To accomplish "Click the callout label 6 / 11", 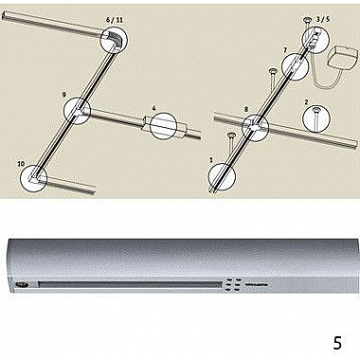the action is coord(115,20).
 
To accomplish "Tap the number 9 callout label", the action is coord(64,94).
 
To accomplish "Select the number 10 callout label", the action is coord(21,164).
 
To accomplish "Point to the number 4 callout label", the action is coord(153,108).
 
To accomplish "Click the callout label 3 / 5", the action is coord(323,19).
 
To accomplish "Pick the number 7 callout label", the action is coord(285,50).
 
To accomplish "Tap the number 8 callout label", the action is coord(246,110).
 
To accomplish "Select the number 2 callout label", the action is coord(306,102).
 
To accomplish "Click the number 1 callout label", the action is coord(211,160).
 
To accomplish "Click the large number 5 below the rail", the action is coord(337,343).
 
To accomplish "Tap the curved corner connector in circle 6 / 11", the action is coord(115,40).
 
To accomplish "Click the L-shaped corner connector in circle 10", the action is coord(34,177).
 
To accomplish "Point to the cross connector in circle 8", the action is coord(255,127).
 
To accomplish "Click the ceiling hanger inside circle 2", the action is coord(315,117).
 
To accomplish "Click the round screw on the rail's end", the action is coord(22,284).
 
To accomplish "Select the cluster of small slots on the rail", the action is coord(234,284).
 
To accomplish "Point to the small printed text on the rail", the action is coord(256,284).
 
